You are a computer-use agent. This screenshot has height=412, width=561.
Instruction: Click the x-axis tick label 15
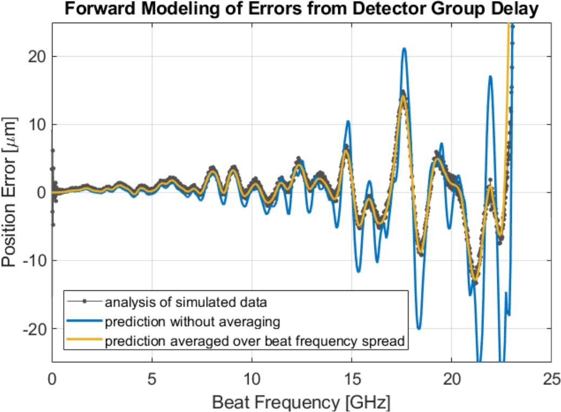(351, 378)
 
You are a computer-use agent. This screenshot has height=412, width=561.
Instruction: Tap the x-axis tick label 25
(551, 378)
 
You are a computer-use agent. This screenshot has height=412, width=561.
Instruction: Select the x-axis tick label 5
(152, 378)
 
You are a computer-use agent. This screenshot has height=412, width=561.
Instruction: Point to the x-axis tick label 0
(52, 378)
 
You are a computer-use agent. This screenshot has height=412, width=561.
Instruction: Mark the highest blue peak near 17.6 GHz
(403, 49)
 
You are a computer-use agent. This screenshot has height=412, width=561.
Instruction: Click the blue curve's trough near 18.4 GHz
(419, 328)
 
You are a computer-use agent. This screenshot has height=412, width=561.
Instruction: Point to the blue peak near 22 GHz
(490, 77)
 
